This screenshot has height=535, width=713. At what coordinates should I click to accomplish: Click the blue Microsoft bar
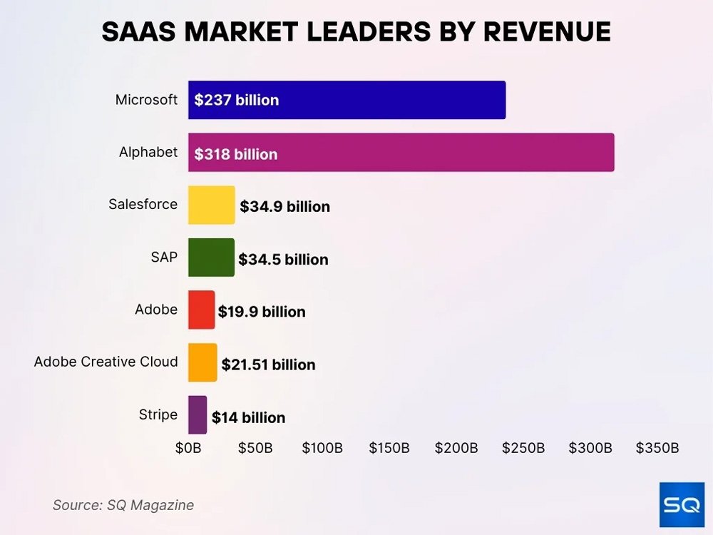347,100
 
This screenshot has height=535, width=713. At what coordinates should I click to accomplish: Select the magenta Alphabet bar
401,152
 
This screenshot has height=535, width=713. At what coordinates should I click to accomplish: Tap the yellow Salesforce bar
211,205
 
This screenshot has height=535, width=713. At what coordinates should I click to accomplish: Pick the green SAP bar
211,258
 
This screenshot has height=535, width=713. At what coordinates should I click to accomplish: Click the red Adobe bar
201,310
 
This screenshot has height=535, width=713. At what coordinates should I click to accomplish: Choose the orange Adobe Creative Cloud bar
202,362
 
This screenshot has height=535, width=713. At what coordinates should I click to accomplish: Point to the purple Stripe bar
198,414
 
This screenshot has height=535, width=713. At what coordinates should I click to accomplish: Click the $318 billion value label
236,154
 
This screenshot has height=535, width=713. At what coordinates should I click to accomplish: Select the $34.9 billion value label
284,207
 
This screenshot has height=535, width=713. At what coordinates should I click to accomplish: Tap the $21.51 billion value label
268,365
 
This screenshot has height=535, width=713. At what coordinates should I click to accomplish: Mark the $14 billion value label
248,417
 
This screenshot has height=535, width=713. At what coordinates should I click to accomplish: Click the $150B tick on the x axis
389,448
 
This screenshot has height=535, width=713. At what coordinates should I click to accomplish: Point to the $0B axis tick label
188,448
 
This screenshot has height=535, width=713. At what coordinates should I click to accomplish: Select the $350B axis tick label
657,448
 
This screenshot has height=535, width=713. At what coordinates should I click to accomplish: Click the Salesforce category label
143,204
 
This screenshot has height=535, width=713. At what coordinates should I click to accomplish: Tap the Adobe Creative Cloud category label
106,362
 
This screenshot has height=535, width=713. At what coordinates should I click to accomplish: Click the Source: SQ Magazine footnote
123,505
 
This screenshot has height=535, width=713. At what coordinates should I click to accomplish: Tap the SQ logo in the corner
682,504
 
